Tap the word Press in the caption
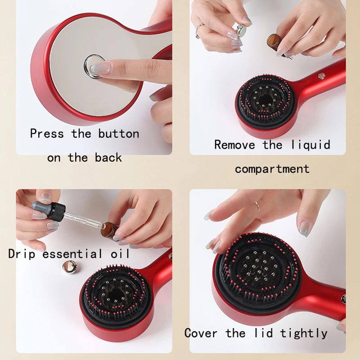[47, 134]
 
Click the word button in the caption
[119, 134]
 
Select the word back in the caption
[108, 158]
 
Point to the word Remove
[234, 145]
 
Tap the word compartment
[272, 170]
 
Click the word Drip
[22, 254]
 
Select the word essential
[72, 254]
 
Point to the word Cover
[201, 333]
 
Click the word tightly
[304, 333]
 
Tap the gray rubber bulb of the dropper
[42, 206]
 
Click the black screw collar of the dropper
[58, 211]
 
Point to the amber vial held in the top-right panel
[275, 43]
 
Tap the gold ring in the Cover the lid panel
[257, 206]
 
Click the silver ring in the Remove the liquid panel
[199, 31]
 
